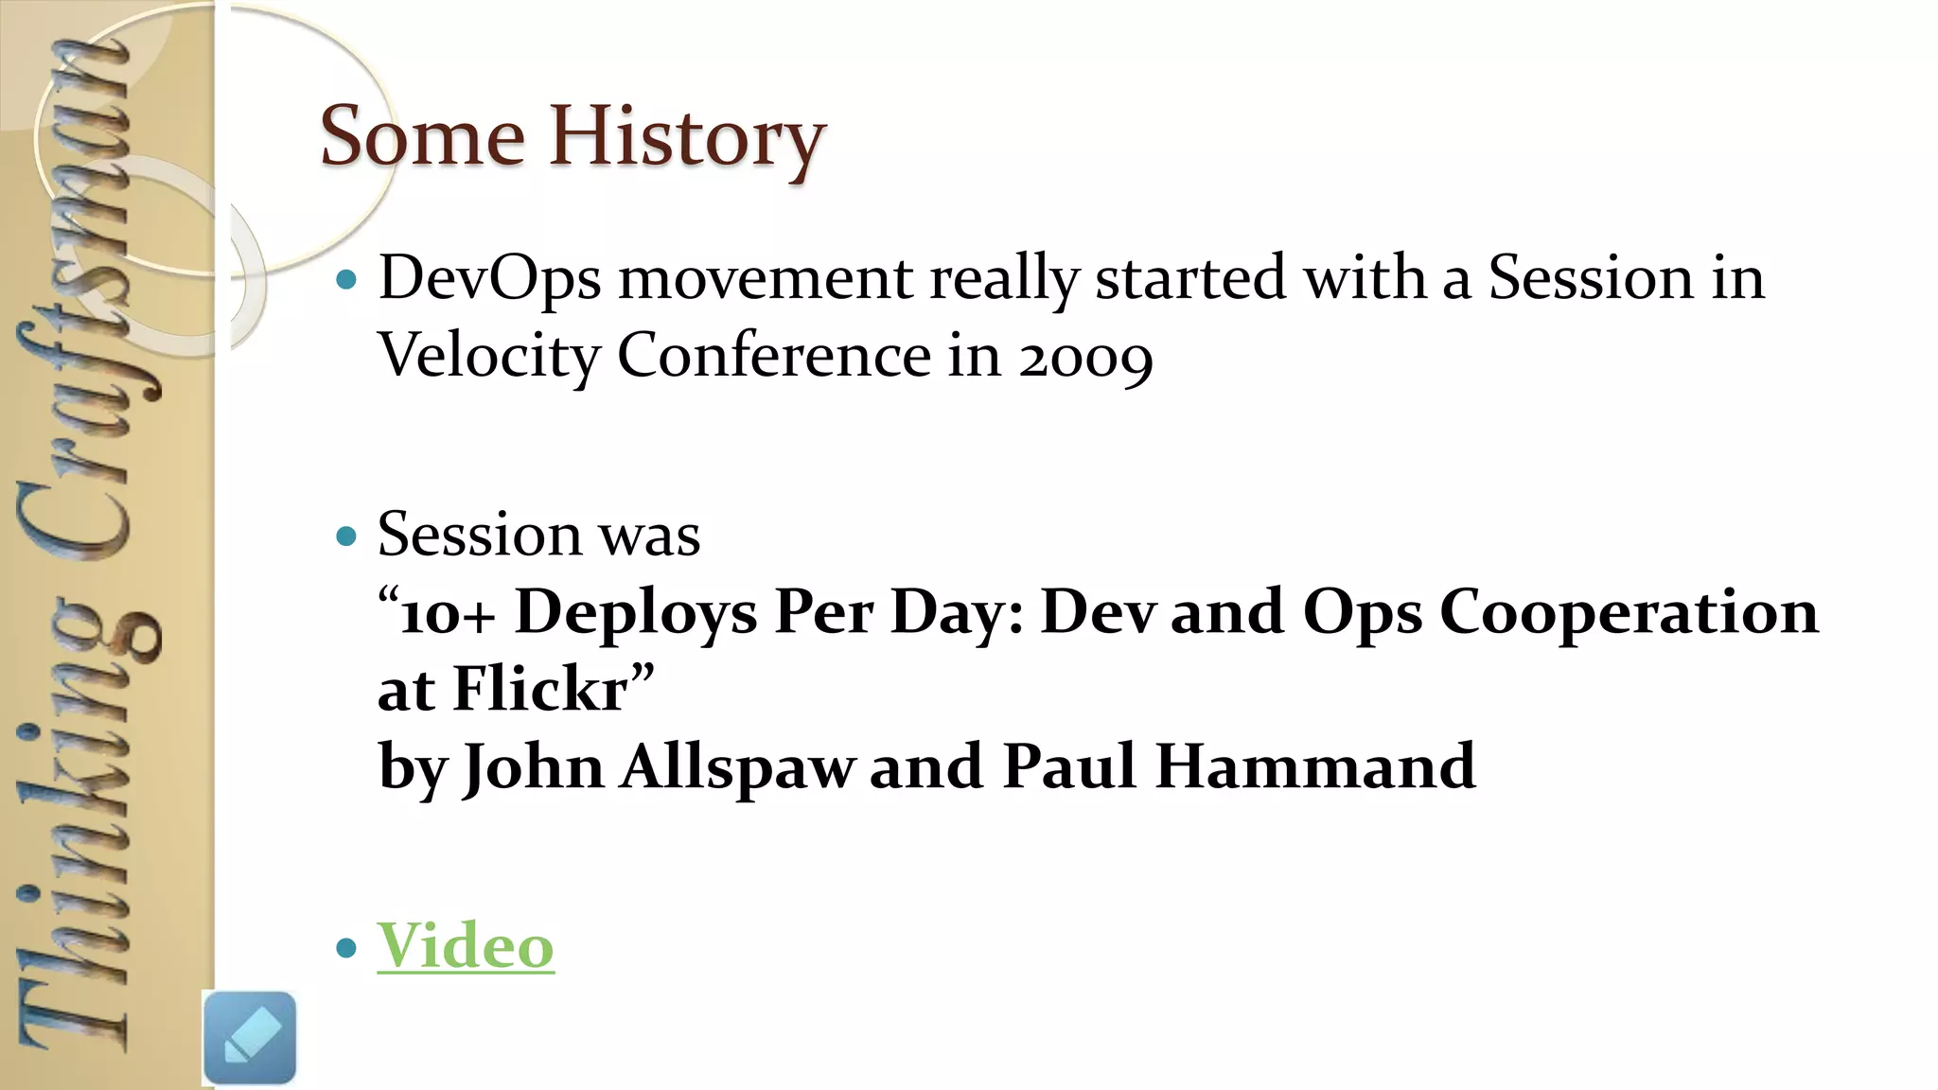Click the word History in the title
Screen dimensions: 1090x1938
[688, 138]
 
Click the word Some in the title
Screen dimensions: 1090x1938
[422, 138]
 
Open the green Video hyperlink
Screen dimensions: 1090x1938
[466, 945]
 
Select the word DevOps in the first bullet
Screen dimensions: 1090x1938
[489, 280]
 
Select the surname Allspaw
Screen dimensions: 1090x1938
[738, 766]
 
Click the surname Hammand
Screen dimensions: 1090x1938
[1315, 766]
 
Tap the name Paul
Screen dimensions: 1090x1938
[1068, 766]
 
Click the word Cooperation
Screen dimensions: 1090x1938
[1629, 612]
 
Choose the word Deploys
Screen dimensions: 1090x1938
[636, 614]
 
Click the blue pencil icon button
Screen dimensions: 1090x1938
[250, 1038]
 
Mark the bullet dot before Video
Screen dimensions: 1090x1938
[347, 947]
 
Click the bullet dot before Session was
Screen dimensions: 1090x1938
[347, 536]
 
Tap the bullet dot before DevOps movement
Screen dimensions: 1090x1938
[347, 280]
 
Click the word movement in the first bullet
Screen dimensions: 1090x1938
[766, 280]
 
